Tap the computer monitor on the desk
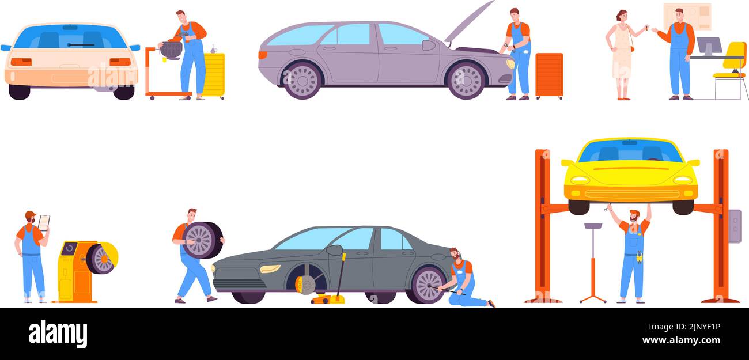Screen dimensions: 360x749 pyautogui.click(x=709, y=46)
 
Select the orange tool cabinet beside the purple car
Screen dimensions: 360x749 pyautogui.click(x=548, y=75)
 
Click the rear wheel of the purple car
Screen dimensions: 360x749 pyautogui.click(x=301, y=81)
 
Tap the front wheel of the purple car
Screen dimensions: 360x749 pyautogui.click(x=466, y=81)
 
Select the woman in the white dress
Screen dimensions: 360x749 pyautogui.click(x=621, y=55)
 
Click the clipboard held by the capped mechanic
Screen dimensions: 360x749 pyautogui.click(x=44, y=222)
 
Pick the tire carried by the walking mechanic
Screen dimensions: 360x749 pyautogui.click(x=202, y=240)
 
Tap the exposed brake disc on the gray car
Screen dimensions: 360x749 pyautogui.click(x=305, y=284)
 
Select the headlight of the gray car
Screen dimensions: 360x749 pyautogui.click(x=270, y=268)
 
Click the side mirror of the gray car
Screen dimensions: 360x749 pyautogui.click(x=334, y=250)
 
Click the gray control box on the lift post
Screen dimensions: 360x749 pyautogui.click(x=735, y=226)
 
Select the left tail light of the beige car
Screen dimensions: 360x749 pyautogui.click(x=21, y=62)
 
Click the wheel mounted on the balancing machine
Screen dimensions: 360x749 pyautogui.click(x=101, y=259)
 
